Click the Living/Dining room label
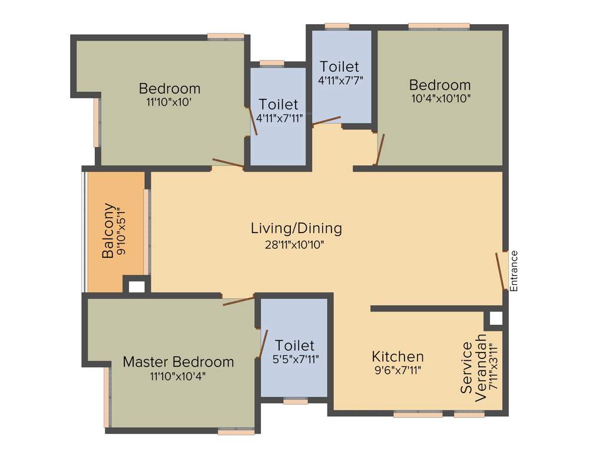click(x=296, y=229)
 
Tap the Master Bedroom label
click(x=178, y=362)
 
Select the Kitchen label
click(x=397, y=357)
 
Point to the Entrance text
click(x=513, y=271)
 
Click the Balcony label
click(x=108, y=230)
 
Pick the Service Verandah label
click(x=473, y=368)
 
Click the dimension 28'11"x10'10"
click(x=294, y=244)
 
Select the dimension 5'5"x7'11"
click(x=296, y=360)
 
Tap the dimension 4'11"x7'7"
click(x=341, y=80)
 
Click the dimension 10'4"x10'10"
click(x=441, y=98)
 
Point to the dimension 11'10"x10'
click(x=169, y=102)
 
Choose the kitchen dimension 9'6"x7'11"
click(x=398, y=371)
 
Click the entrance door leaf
click(x=500, y=271)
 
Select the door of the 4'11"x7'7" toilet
click(x=326, y=120)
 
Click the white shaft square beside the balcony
click(x=137, y=287)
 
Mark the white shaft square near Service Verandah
click(x=496, y=318)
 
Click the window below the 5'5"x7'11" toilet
click(x=296, y=401)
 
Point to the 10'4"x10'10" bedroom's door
click(x=381, y=149)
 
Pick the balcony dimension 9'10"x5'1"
click(x=121, y=231)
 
